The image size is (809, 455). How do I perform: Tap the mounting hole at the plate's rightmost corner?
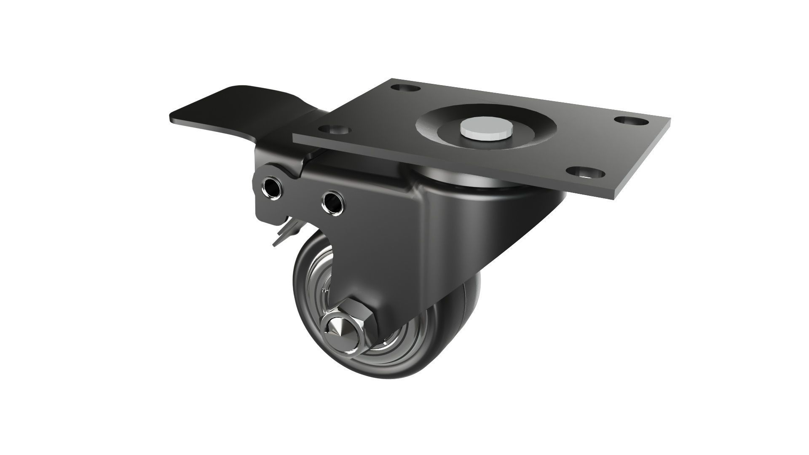630,120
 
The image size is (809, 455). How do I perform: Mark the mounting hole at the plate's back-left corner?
407,89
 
